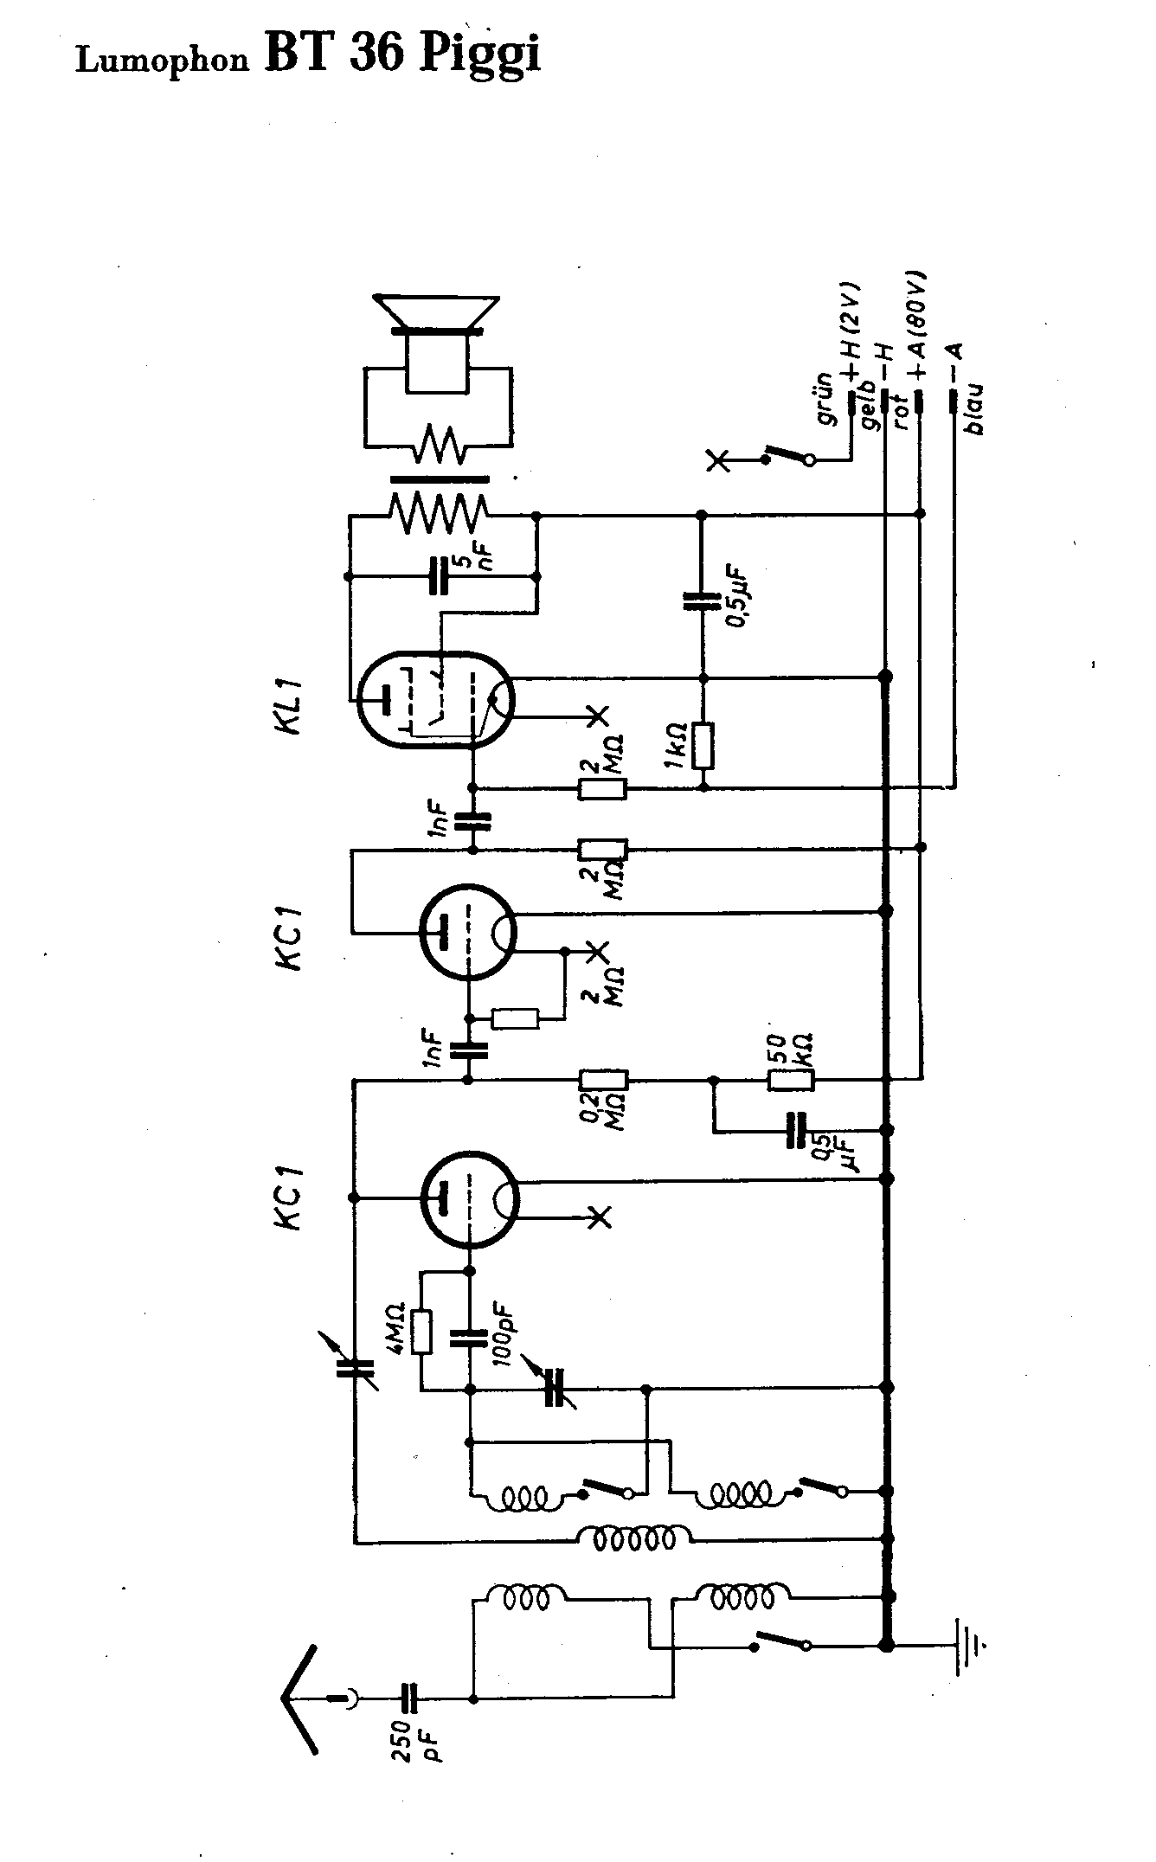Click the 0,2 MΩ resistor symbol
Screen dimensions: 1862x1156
click(x=603, y=1080)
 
